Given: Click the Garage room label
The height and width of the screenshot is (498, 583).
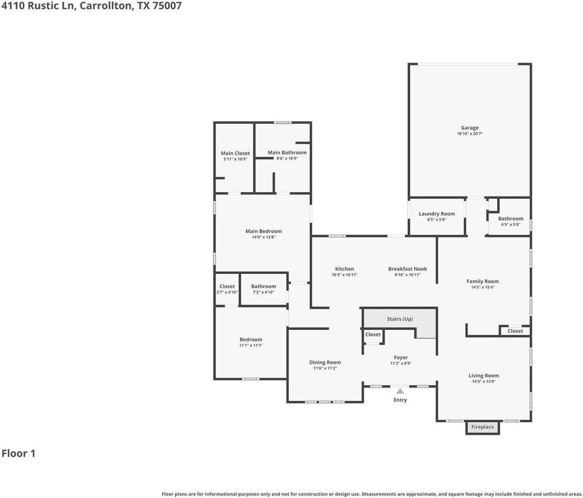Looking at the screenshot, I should (x=469, y=128).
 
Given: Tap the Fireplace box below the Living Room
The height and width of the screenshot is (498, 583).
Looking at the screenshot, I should (x=482, y=427).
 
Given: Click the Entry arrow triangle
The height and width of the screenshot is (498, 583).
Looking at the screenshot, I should (x=400, y=391).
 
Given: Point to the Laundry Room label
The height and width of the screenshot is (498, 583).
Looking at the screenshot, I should (x=437, y=214).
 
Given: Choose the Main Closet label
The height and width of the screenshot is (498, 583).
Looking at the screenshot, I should (x=235, y=153).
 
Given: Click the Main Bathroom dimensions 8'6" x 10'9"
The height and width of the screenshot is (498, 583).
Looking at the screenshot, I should (x=287, y=159).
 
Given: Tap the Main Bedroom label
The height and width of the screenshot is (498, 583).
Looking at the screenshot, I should (x=263, y=231).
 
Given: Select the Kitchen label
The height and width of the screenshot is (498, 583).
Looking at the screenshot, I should (x=344, y=269).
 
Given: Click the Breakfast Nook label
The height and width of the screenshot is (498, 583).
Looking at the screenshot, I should (x=408, y=269).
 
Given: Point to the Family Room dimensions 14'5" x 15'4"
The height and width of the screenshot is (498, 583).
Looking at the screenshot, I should (x=482, y=287).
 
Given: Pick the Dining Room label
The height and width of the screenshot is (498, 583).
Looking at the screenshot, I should (x=325, y=363).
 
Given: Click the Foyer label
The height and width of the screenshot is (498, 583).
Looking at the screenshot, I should (x=400, y=357).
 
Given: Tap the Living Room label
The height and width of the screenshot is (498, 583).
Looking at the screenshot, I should (x=483, y=376).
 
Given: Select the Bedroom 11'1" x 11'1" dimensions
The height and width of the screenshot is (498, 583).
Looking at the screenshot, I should (x=251, y=345).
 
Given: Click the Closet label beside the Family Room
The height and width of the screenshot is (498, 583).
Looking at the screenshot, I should (x=515, y=331).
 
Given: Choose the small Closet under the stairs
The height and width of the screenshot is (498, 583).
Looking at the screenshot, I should (x=372, y=335).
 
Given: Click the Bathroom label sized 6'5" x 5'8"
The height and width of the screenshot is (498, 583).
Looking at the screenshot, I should (x=510, y=218).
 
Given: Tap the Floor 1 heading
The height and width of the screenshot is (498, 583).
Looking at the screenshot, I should (x=19, y=453).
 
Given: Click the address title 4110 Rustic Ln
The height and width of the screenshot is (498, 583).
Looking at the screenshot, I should (x=91, y=7).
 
